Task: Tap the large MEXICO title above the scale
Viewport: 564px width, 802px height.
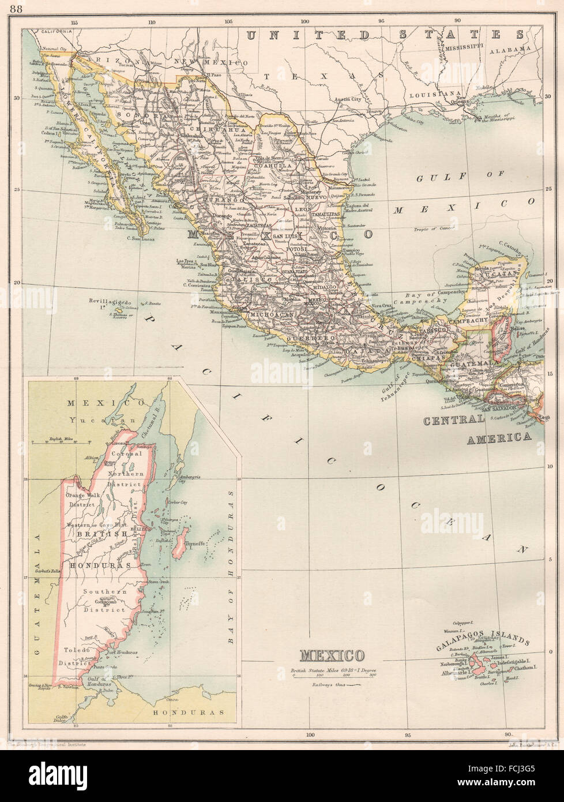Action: click(332, 655)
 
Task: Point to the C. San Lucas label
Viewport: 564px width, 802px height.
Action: click(144, 238)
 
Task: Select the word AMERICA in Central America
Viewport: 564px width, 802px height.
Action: click(498, 438)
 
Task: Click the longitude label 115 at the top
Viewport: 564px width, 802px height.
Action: click(74, 23)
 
